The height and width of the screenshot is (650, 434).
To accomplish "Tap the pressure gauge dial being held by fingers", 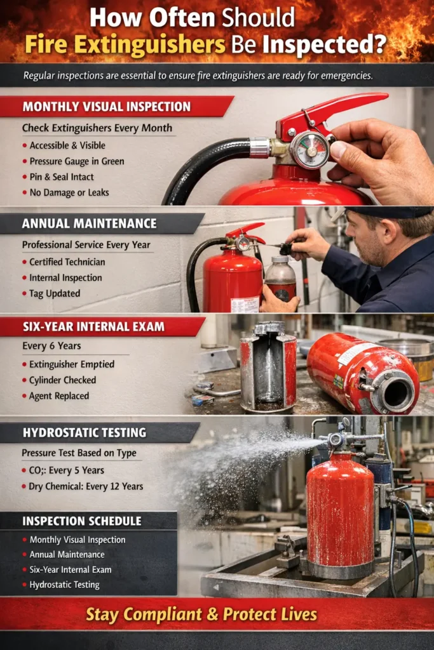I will tap(309, 150).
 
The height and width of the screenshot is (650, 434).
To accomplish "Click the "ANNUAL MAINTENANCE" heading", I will tap(89, 223).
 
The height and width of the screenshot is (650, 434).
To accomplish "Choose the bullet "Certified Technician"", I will tap(67, 262).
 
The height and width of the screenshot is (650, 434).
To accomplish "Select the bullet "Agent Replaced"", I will tap(58, 395).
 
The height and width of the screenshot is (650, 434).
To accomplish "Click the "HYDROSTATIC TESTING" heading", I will tap(84, 433).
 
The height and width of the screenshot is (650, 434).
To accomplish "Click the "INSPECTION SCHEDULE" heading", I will tap(81, 521).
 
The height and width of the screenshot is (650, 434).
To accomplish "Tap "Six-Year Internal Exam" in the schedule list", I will tap(70, 569).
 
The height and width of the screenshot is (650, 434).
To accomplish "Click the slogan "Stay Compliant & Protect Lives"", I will tap(201, 614).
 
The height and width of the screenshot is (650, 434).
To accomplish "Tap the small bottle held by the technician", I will tap(280, 279).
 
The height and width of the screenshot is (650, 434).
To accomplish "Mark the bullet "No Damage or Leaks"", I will tap(69, 192).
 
